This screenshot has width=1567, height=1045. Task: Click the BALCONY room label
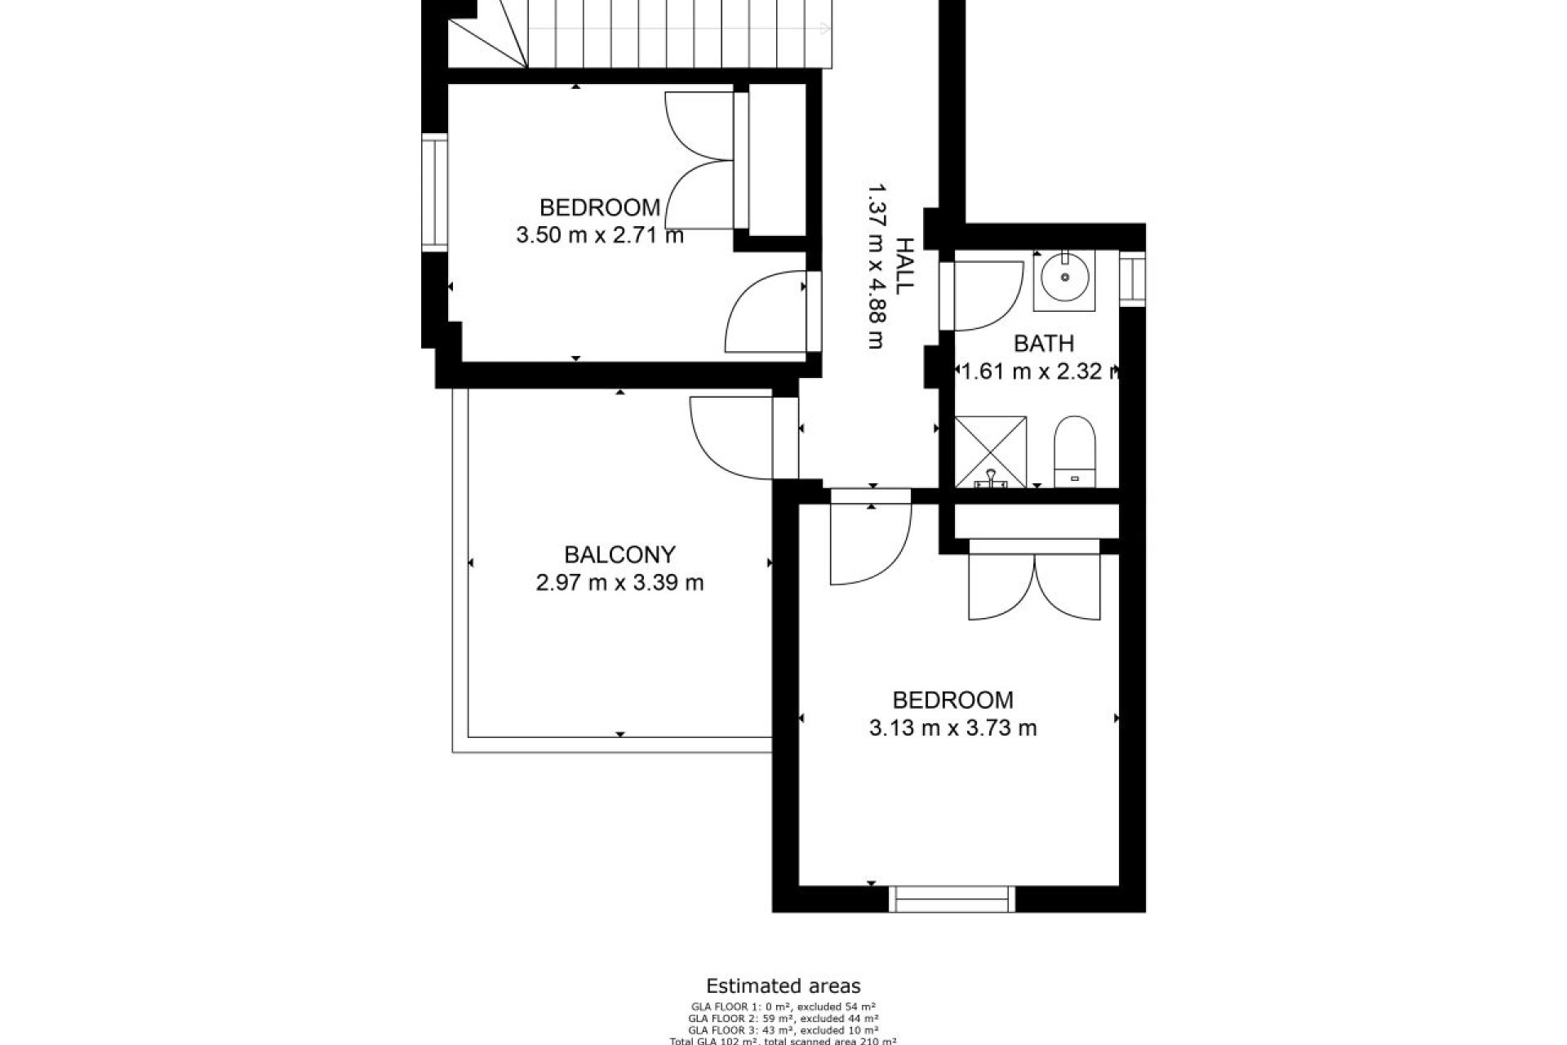pyautogui.click(x=619, y=555)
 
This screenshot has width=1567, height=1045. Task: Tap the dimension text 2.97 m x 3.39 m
pyautogui.click(x=619, y=583)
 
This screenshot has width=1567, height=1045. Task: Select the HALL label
pyautogui.click(x=903, y=265)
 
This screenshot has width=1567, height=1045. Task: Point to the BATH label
pyautogui.click(x=1043, y=344)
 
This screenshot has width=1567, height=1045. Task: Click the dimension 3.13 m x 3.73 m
pyautogui.click(x=952, y=727)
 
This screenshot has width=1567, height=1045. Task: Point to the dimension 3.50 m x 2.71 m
pyautogui.click(x=599, y=236)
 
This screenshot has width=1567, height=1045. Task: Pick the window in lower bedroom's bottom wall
pyautogui.click(x=952, y=899)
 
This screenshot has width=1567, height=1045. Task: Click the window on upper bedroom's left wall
pyautogui.click(x=435, y=193)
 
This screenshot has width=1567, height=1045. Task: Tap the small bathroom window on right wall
pyautogui.click(x=1132, y=278)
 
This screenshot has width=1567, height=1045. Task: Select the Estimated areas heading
pyautogui.click(x=783, y=986)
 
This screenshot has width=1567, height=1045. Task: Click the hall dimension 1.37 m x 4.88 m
pyautogui.click(x=875, y=265)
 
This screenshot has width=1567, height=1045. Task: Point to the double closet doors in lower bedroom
pyautogui.click(x=1034, y=586)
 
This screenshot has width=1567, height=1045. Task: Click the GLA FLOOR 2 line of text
pyautogui.click(x=783, y=1018)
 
